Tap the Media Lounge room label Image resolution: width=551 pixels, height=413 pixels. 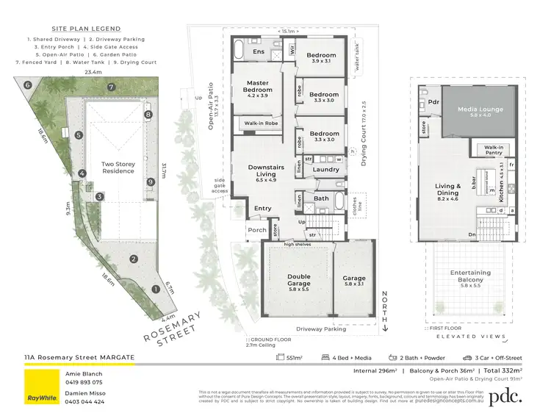(x=480, y=112)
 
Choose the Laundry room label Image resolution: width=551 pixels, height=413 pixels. (x=325, y=170)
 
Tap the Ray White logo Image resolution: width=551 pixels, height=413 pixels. (x=41, y=386)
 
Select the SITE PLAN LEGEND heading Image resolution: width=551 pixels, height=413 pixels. (x=71, y=26)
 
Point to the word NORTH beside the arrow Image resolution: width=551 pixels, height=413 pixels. (x=383, y=306)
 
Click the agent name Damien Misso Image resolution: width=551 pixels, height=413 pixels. (x=87, y=393)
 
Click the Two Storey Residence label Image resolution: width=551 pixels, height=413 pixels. (x=118, y=167)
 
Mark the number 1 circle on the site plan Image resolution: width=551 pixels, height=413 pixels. (x=154, y=290)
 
